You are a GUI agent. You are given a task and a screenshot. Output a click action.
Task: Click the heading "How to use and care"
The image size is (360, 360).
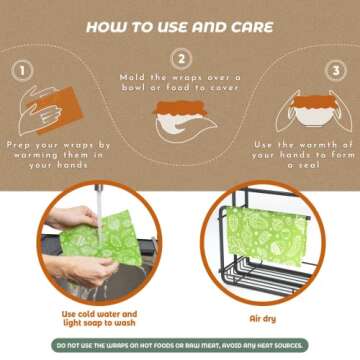pos(180,28)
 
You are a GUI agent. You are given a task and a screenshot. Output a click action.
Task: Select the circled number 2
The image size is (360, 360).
pos(181,60)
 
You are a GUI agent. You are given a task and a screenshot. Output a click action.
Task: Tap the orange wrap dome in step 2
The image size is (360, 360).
pos(181,107)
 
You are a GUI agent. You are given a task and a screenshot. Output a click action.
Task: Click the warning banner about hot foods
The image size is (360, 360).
pos(180,346)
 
